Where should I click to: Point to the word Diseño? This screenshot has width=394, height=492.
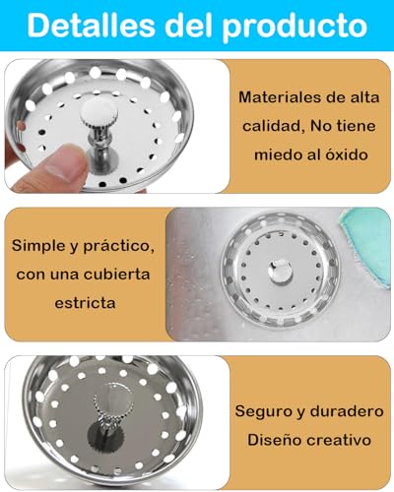click(266, 440)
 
